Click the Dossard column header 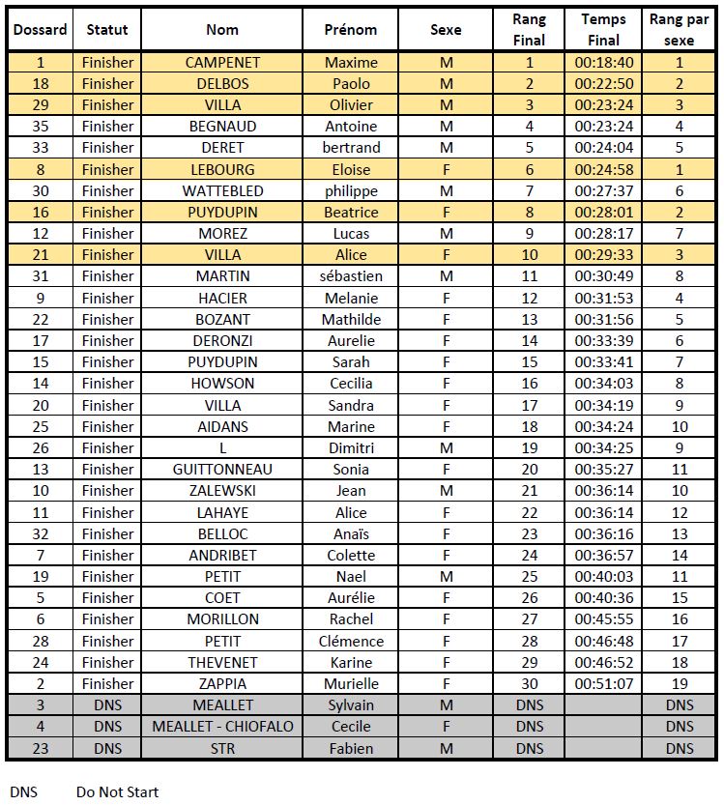[40, 30]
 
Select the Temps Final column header [603, 30]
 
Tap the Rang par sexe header [679, 30]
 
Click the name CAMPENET [222, 63]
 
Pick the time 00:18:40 [603, 63]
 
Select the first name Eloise [351, 169]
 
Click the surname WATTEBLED [222, 190]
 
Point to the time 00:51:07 [603, 683]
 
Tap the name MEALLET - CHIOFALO [222, 726]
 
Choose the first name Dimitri [351, 447]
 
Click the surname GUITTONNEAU [222, 470]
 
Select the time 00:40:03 [603, 576]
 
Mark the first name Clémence [351, 641]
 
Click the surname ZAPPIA [222, 683]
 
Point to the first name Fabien [351, 747]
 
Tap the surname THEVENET [222, 662]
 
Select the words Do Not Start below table [117, 792]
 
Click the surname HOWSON [222, 384]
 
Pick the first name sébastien [351, 276]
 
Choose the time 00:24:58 [603, 169]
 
